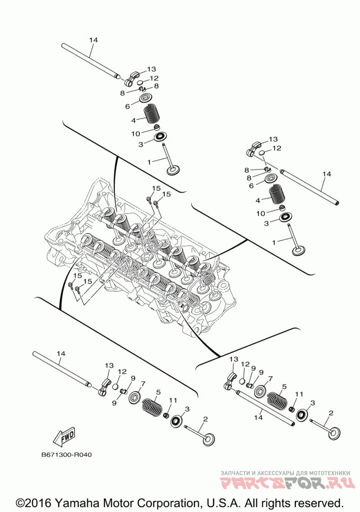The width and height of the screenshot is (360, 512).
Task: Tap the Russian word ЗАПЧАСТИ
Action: tap(235, 473)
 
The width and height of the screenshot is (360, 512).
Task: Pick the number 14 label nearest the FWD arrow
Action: tap(61, 354)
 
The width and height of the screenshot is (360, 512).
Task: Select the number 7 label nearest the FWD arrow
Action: tap(143, 384)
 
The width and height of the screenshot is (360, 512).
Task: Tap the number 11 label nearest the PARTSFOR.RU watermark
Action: tap(296, 394)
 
